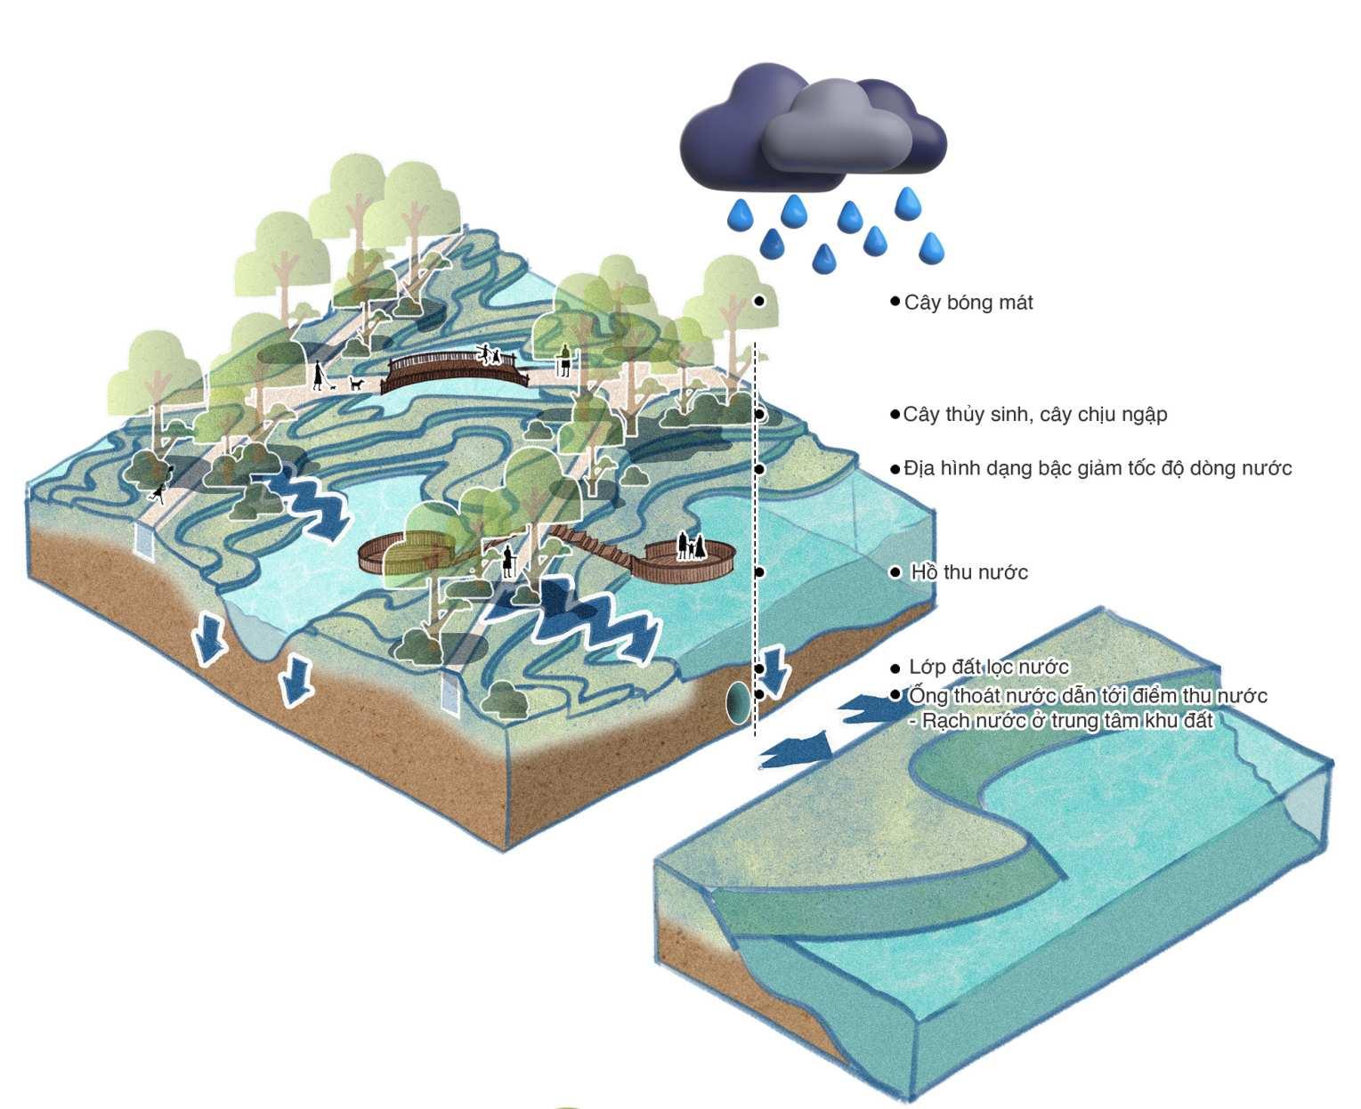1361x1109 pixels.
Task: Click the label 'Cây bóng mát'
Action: pos(968,303)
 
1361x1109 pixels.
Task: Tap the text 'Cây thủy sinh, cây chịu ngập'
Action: pos(1034,415)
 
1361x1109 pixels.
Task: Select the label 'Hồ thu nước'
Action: pos(968,572)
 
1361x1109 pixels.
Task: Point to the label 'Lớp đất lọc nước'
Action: pos(988,667)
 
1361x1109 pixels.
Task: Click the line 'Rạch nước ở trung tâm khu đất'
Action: pos(1066,721)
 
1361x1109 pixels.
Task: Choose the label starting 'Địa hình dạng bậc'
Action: pos(1097,468)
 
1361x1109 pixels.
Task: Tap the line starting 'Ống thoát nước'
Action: pos(1087,695)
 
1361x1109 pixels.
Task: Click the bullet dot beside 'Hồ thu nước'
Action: pos(895,572)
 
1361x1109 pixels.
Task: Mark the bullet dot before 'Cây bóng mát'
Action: pos(895,302)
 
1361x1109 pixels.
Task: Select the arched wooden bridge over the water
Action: pos(454,370)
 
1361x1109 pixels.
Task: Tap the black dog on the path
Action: pos(356,384)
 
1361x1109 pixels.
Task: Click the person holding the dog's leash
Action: pos(318,376)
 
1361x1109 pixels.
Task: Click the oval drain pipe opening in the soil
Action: pos(737,702)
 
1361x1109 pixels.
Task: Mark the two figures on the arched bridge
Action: pos(490,355)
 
